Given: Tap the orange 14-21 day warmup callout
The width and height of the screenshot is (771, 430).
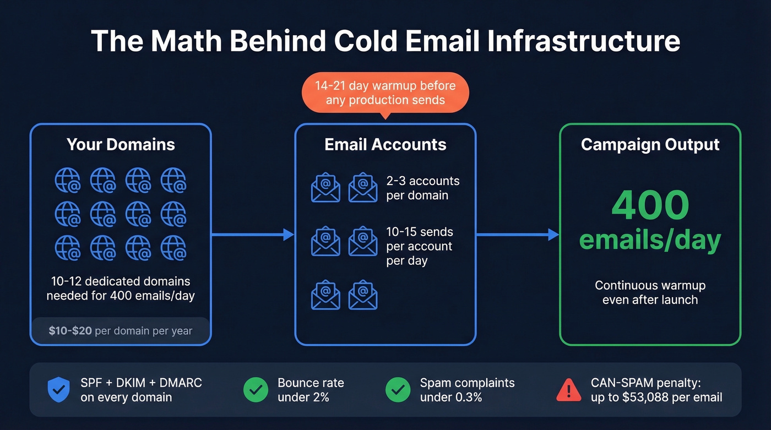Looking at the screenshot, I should click(385, 92).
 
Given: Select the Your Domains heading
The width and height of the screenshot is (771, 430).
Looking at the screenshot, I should click(121, 145).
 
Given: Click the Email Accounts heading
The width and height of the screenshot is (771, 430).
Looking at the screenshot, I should click(385, 145).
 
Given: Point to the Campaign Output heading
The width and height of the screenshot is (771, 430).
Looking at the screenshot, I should click(650, 145).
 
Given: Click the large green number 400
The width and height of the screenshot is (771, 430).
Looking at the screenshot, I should click(650, 205).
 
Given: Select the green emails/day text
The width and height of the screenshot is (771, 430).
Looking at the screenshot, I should click(650, 240).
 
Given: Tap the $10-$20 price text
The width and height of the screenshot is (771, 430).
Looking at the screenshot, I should click(70, 331).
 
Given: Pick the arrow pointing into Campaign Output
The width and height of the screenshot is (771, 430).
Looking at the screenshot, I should click(518, 235).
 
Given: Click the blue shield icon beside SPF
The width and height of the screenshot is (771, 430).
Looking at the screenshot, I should click(58, 390).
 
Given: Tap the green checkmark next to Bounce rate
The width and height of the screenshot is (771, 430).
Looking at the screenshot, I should click(256, 390).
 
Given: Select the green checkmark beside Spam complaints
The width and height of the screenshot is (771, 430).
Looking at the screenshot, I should click(398, 390).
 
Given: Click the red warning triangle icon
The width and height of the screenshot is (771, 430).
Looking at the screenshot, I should click(568, 390).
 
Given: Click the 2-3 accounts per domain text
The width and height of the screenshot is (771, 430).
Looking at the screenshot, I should click(422, 188).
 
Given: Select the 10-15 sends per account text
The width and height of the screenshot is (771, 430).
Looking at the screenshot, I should click(420, 246).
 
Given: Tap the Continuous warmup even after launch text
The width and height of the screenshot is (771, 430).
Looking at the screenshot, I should click(650, 293).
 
